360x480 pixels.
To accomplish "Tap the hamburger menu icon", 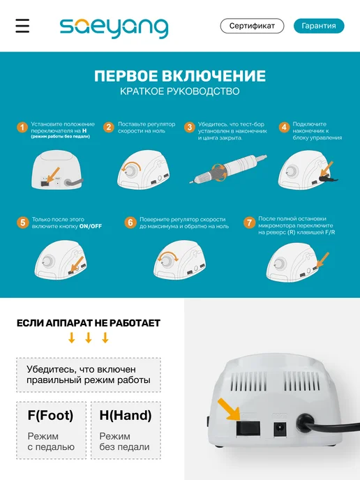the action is [x=22, y=26].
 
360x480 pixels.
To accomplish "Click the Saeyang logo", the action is [x=114, y=28].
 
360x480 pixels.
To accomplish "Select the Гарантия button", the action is [x=319, y=26].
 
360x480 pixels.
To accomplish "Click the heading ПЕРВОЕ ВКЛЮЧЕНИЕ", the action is [x=180, y=76].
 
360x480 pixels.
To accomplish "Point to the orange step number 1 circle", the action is [x=22, y=127].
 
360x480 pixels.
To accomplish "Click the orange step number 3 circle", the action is [x=190, y=127].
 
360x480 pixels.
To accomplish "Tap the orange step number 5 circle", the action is [x=22, y=223].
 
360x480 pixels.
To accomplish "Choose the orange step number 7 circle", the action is [x=249, y=223].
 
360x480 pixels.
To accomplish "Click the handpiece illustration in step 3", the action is [x=228, y=170].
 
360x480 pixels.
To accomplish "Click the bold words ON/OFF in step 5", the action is [x=91, y=226].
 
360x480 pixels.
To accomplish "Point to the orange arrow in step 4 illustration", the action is [x=327, y=168].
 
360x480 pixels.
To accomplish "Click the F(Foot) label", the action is [x=50, y=415].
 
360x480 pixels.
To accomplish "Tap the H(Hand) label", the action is [x=126, y=415].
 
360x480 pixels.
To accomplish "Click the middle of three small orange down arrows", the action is [x=89, y=338].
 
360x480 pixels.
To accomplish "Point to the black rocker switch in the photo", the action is [x=248, y=428].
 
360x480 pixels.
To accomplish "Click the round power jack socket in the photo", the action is [x=280, y=428].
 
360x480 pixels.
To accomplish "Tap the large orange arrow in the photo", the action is [x=230, y=409].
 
